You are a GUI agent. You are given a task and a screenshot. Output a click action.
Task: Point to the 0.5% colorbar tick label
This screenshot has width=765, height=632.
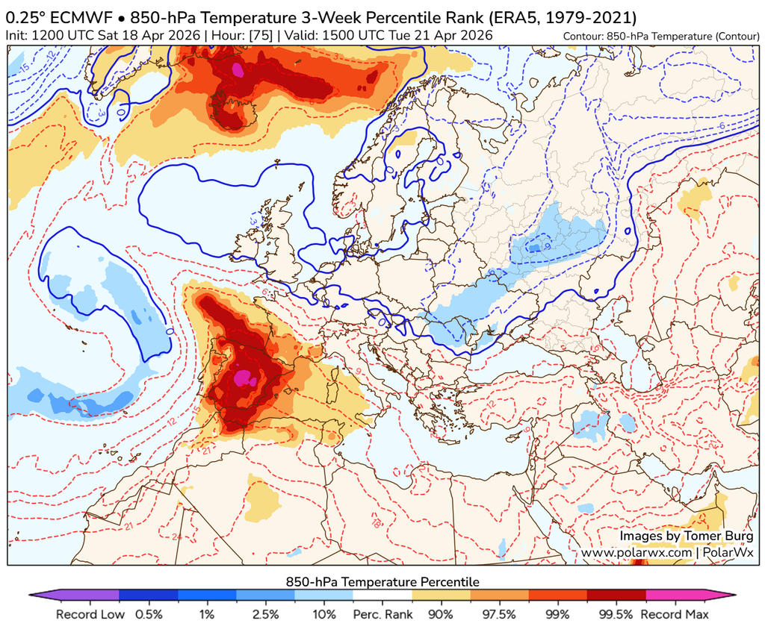tap(149, 615)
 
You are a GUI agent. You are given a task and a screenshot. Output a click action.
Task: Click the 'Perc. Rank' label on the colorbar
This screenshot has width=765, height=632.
tap(382, 615)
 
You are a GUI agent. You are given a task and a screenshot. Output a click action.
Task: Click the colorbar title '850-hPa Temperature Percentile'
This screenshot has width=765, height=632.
tap(382, 581)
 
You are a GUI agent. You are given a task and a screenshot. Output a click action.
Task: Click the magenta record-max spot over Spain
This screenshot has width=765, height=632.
tap(244, 378)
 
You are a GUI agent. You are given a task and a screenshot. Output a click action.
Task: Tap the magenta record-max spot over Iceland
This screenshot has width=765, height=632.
tap(238, 70)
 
